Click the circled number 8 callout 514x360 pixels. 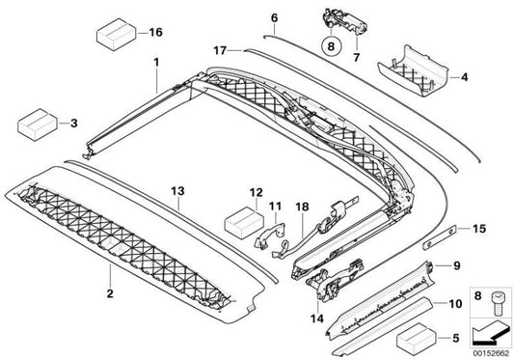coord(331,46)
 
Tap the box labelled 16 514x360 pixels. coord(117,35)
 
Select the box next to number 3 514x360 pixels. coord(38,125)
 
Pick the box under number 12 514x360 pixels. coord(244,223)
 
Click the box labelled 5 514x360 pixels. coord(417,339)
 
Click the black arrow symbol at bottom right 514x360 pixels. coord(491,332)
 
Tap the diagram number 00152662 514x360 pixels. coord(491,354)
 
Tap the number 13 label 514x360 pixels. coord(178,191)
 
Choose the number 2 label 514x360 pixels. coord(110,293)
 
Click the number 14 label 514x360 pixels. coord(317,318)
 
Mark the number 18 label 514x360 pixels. coord(302,207)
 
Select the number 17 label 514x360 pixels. coord(220,50)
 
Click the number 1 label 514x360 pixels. coord(156,63)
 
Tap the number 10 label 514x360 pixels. coord(455,304)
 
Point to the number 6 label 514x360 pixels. coord(275,17)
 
